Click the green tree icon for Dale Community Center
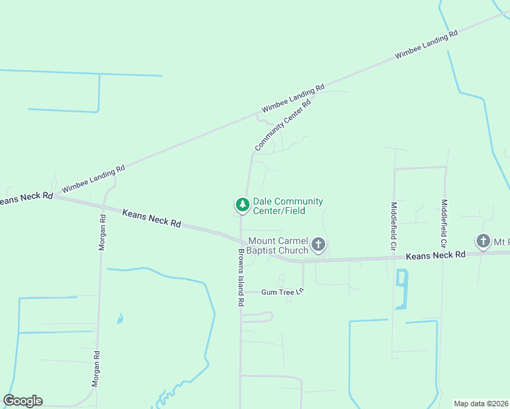(x=242, y=204)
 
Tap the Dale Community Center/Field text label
(x=288, y=205)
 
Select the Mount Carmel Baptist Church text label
(x=278, y=245)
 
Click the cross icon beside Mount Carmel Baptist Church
(x=318, y=244)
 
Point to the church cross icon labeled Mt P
(x=483, y=241)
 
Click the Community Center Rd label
(x=283, y=125)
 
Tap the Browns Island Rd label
(x=241, y=276)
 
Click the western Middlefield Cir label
(x=393, y=226)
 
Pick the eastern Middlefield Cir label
(x=444, y=223)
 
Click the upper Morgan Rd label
(x=102, y=232)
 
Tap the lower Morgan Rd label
(x=97, y=369)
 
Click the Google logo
(x=23, y=401)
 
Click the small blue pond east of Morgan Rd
(x=121, y=318)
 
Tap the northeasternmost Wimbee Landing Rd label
(x=425, y=46)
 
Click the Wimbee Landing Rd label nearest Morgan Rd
(x=93, y=179)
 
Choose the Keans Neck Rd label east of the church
(x=435, y=255)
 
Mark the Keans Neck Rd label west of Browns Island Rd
(x=151, y=218)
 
